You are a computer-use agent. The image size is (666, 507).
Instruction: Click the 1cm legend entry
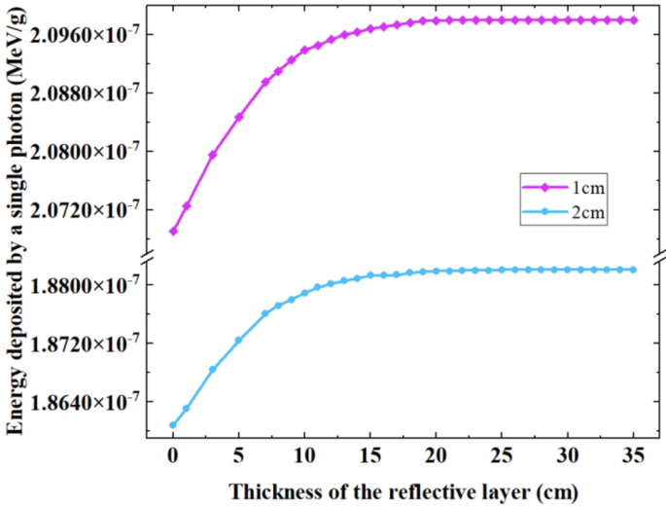[563, 186]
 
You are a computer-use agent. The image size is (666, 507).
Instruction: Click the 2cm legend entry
[563, 211]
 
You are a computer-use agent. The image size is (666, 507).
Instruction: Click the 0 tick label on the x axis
[173, 454]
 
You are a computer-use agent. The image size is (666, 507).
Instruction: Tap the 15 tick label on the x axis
[370, 454]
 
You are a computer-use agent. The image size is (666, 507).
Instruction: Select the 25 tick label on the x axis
[503, 454]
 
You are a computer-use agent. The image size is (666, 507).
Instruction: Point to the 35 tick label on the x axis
[634, 454]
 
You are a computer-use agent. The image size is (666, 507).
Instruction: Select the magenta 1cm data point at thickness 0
[173, 232]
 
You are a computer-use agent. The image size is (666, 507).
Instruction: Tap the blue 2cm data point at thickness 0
[173, 425]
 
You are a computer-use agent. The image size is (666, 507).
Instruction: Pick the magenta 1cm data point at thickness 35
[634, 19]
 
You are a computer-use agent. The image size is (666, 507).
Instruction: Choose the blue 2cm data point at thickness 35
[634, 270]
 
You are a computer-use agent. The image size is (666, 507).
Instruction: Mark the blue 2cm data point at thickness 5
[239, 340]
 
